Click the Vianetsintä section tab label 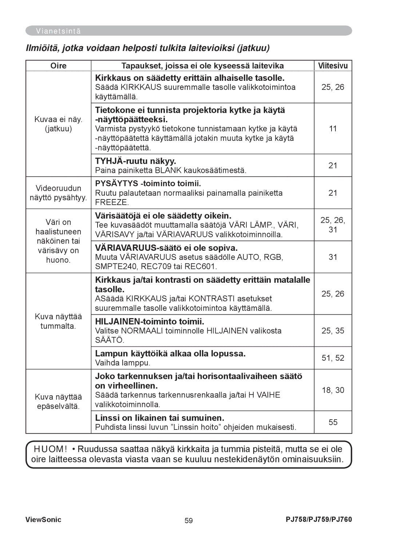[x=58, y=31]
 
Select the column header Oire [x=58, y=66]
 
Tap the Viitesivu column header [x=333, y=66]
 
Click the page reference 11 [x=333, y=128]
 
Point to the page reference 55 [x=333, y=422]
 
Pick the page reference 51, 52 [x=333, y=358]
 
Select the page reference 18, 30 [x=333, y=390]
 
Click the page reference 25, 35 [x=333, y=330]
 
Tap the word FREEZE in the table [x=112, y=202]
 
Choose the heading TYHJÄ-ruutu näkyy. [x=135, y=161]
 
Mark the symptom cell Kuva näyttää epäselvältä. [x=58, y=401]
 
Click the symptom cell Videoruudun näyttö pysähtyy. [x=58, y=193]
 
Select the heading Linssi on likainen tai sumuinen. [x=159, y=418]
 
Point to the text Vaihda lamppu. [x=122, y=363]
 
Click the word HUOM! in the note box [x=51, y=449]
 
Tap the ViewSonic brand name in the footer [x=43, y=520]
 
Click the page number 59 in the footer [x=188, y=520]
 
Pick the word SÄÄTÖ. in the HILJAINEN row [x=110, y=340]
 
